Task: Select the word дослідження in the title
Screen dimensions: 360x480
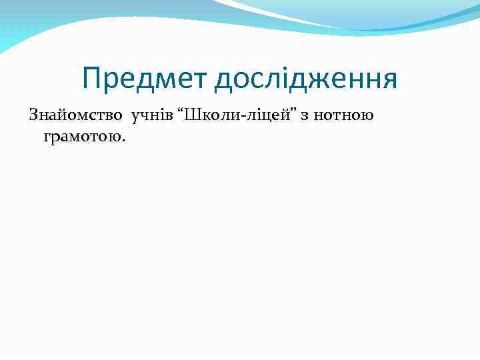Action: pyautogui.click(x=306, y=79)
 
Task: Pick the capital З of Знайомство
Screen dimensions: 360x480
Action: pyautogui.click(x=33, y=115)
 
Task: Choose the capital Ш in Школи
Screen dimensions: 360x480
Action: pyautogui.click(x=192, y=115)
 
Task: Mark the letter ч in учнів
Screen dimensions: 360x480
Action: pyautogui.click(x=145, y=116)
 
